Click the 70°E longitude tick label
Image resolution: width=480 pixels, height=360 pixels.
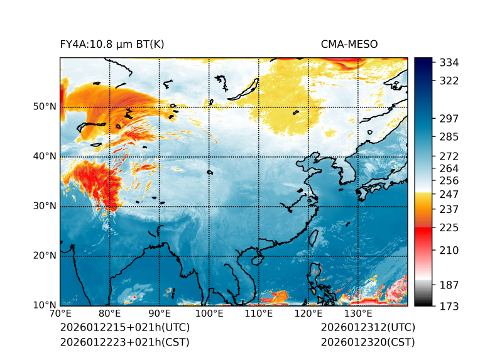(x=60, y=314)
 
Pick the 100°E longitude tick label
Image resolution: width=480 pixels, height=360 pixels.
(x=209, y=314)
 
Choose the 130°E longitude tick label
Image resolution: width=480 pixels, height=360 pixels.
(x=357, y=314)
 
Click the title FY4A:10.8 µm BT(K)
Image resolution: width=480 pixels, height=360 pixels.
(x=112, y=44)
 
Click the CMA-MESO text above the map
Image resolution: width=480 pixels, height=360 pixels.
(x=349, y=44)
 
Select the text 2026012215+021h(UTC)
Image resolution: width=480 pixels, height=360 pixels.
(x=124, y=327)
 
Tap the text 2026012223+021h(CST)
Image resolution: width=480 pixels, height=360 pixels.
(x=124, y=342)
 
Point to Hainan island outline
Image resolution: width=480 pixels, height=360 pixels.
(x=256, y=259)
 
